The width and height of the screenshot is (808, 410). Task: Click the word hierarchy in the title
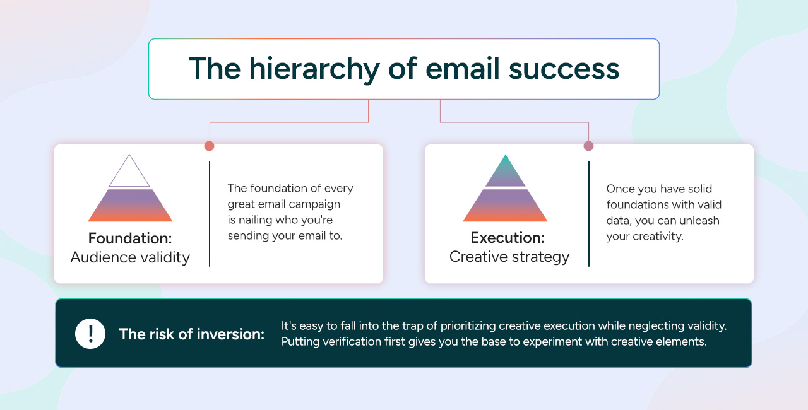click(x=303, y=69)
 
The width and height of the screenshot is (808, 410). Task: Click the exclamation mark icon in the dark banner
click(x=90, y=333)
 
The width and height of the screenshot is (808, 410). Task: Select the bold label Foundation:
click(x=130, y=238)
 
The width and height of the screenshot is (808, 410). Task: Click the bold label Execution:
click(x=508, y=238)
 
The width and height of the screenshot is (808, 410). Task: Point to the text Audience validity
click(x=130, y=257)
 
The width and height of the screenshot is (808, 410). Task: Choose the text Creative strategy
click(x=509, y=257)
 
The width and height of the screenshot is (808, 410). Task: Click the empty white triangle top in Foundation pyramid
click(x=129, y=174)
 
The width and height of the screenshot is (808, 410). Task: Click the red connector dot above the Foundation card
click(x=210, y=146)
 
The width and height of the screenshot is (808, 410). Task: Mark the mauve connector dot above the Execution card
click(x=588, y=146)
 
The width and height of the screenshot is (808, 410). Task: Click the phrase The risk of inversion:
click(x=192, y=334)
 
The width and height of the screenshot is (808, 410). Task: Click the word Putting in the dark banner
click(x=299, y=341)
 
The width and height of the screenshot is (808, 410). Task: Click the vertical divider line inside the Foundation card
click(x=210, y=213)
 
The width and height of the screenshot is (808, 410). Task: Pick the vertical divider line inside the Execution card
click(x=588, y=213)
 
